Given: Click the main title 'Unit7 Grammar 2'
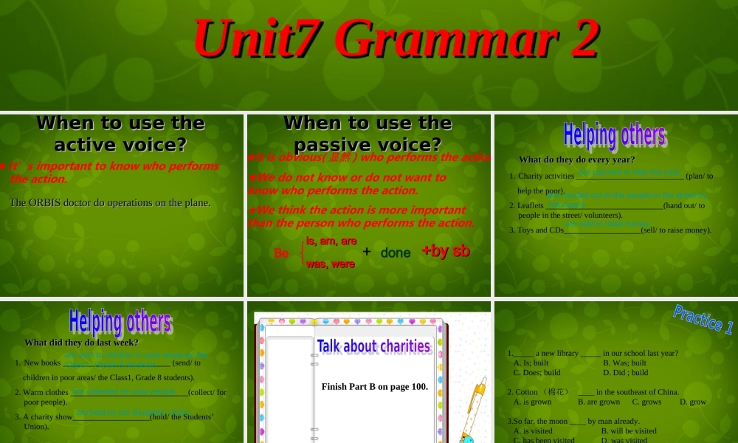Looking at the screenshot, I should tap(396, 38).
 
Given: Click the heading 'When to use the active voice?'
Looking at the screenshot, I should tap(120, 133).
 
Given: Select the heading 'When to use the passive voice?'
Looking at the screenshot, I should tap(368, 133).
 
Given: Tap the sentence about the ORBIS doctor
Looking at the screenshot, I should tap(110, 202).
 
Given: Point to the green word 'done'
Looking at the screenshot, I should tap(396, 253).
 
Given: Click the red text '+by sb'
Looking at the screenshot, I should tap(446, 251).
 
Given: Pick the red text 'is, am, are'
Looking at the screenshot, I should tap(331, 241).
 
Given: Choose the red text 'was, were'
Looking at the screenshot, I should tap(331, 264).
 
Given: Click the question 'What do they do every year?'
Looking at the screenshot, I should tap(576, 159).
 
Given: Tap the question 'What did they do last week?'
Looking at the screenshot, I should tap(81, 343).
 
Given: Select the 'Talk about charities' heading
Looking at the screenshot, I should tap(373, 346).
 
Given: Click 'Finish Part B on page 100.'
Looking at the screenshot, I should tap(374, 386).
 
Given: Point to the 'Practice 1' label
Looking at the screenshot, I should tap(703, 320).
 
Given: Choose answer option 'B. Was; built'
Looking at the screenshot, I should tap(624, 363).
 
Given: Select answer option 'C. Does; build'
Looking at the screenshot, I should tap(537, 372).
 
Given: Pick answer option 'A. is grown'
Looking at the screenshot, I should tap(532, 402).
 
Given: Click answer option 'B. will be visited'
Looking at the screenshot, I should tap(629, 430).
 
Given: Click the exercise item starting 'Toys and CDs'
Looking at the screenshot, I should tap(610, 230).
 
